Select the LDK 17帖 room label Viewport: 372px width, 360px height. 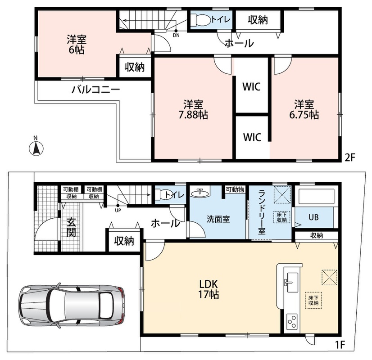tap(209, 289)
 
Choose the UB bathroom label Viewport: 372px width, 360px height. tap(313, 217)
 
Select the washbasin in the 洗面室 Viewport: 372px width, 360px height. tap(200, 193)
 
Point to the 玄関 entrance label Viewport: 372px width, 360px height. tap(71, 227)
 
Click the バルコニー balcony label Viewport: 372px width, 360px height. tap(96, 90)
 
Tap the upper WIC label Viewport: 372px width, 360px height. tap(252, 86)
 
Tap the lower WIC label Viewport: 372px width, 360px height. tap(252, 137)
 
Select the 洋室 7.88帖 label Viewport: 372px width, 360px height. tap(193, 109)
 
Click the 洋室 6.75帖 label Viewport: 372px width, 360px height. tap(304, 109)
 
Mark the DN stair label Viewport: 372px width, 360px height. tap(176, 36)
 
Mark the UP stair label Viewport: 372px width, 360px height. tap(118, 211)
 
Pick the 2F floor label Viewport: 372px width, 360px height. tap(350, 157)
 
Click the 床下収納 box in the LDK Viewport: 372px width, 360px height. tap(313, 300)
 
